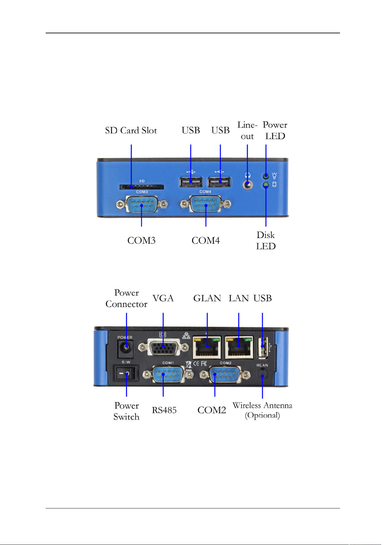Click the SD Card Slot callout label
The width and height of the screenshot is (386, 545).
pos(131,130)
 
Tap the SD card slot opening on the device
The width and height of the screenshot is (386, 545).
pos(142,187)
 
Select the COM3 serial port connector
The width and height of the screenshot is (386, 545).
pos(142,204)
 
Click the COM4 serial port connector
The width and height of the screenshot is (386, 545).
pos(206,204)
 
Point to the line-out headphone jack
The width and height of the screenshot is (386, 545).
pos(247,185)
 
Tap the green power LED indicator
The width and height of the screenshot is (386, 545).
pos(266,176)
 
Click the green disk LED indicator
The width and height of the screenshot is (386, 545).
pos(266,185)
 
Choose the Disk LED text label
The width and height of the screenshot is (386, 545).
pos(266,241)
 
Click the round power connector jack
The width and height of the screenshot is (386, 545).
pos(126,346)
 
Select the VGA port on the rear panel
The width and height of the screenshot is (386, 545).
pos(163,347)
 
